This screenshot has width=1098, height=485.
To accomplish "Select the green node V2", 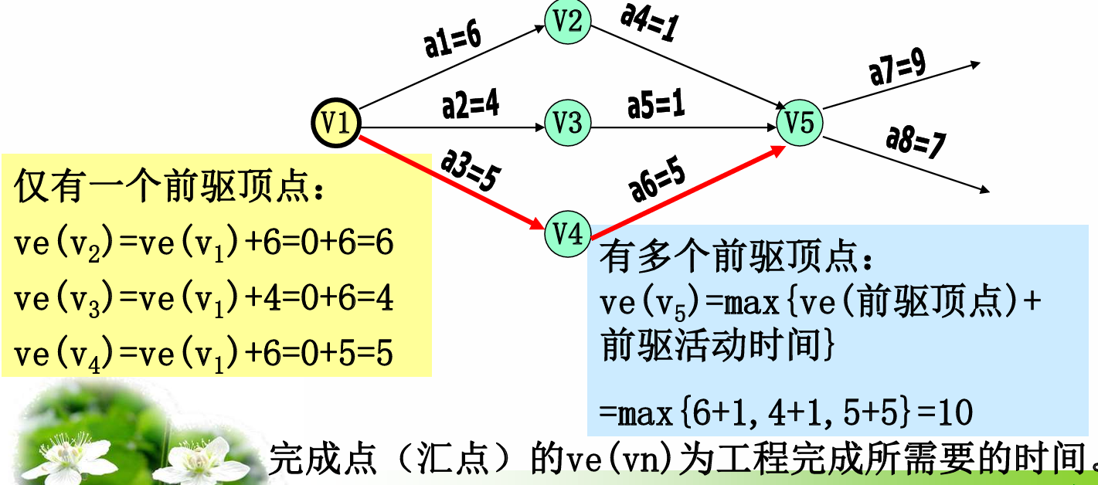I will coord(567,22).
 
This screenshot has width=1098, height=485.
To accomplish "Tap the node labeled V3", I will coord(568,122).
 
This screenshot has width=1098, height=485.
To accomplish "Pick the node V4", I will coord(568,232).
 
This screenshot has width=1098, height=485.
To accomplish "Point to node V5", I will coord(800,123).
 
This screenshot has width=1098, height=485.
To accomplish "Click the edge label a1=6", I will coord(453,39).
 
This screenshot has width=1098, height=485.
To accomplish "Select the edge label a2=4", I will coord(470,105).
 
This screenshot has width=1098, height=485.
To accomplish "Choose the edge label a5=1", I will coord(656,105).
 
